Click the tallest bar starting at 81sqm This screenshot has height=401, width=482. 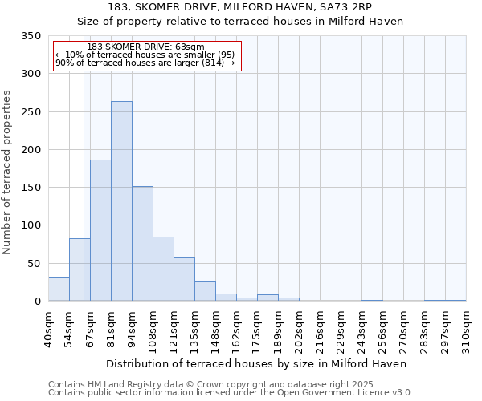pos(121,200)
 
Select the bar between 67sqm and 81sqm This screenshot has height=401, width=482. pos(100,230)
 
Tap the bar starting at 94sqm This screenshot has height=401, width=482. pos(142,244)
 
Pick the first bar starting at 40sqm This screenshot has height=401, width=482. pos(59,290)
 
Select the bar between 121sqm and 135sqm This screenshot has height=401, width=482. pos(184,279)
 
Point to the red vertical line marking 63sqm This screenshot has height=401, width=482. pos(84,184)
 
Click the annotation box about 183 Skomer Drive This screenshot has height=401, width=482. pos(146,55)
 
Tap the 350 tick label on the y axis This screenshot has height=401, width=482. pos(31,36)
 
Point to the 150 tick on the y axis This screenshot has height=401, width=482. pos(31,188)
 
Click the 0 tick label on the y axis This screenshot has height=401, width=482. pos(38,302)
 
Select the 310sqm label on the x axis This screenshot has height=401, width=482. pos(467,329)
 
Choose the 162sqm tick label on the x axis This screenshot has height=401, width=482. pos(237,329)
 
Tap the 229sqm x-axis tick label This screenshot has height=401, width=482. pos(341,329)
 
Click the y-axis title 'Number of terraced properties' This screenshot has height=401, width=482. pos(8,172)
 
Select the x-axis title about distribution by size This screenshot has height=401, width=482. pos(256,363)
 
